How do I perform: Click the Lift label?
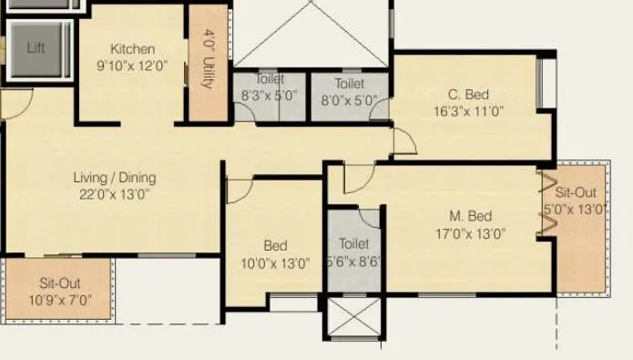tap(36, 47)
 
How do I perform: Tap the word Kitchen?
tap(133, 48)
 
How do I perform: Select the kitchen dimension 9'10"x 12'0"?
tap(133, 66)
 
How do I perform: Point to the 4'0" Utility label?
tap(209, 59)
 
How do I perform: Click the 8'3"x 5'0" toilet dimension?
tap(269, 95)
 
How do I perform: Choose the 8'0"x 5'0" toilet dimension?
tap(348, 101)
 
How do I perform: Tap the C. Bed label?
tap(469, 95)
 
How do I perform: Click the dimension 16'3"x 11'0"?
tap(469, 111)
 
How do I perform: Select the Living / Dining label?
tap(115, 178)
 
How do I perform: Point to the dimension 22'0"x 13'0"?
tap(115, 194)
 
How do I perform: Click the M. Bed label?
tap(471, 216)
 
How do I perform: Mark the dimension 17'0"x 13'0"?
tap(471, 233)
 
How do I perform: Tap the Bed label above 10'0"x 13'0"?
tap(275, 245)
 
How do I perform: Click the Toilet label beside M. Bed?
tap(353, 243)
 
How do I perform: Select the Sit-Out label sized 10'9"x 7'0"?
tap(60, 283)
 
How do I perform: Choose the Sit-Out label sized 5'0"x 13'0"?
tap(576, 193)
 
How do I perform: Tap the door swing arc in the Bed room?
tap(239, 189)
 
